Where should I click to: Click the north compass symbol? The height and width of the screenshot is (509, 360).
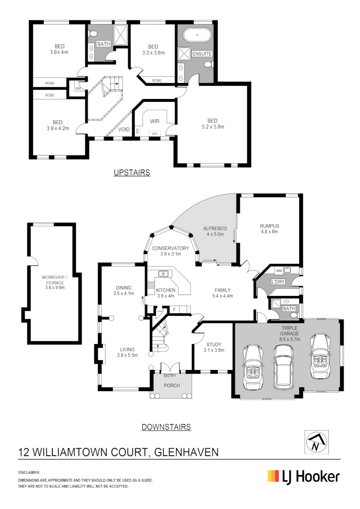pos(316,442)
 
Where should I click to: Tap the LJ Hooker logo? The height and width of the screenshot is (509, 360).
pos(303,476)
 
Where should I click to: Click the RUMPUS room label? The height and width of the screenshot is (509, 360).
pos(270,225)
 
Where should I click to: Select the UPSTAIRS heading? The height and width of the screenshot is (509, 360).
pos(132,173)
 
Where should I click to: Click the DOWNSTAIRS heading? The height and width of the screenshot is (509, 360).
pos(166,427)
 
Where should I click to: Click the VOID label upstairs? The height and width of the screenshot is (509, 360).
pos(124,129)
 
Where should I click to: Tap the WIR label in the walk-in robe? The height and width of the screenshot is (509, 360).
pos(155,121)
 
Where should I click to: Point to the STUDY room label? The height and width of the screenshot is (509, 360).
pos(213,344)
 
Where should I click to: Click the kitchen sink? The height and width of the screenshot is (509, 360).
pos(164,273)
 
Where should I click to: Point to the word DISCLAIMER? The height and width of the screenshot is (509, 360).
pos(29,472)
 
